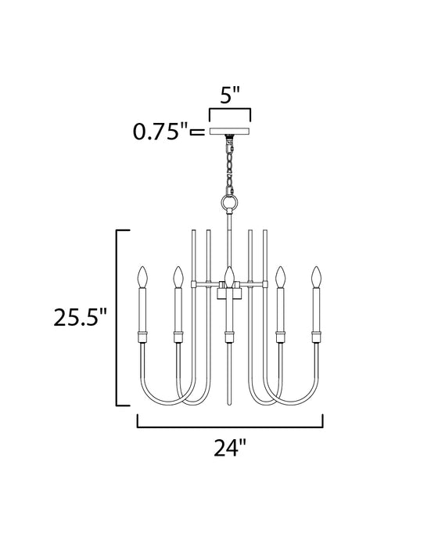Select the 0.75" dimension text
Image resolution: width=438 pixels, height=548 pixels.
click(x=161, y=132)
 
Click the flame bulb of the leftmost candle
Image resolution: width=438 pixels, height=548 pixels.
click(x=142, y=276)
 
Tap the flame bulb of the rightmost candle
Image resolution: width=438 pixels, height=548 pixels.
click(x=317, y=276)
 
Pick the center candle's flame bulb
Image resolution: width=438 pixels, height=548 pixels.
click(x=229, y=275)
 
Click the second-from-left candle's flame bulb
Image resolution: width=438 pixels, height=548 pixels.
click(x=177, y=276)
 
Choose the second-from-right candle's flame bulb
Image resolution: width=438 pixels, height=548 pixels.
click(x=282, y=276)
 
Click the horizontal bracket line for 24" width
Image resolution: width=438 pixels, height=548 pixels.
click(x=230, y=427)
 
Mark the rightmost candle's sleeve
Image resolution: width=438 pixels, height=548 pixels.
click(x=317, y=309)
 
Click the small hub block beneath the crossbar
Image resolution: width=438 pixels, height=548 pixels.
click(x=230, y=294)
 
